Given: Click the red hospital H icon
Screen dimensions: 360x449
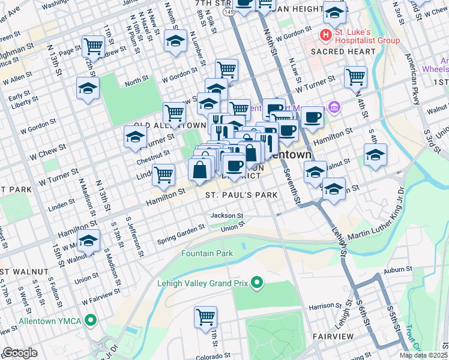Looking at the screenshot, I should click(x=326, y=35).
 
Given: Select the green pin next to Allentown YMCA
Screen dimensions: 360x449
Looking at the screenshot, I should click(x=91, y=320).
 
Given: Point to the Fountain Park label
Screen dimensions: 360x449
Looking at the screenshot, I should click(x=207, y=254).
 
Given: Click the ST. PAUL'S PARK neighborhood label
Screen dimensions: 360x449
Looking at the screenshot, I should click(x=241, y=195).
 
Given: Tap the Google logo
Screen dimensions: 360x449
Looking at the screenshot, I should click(x=20, y=353).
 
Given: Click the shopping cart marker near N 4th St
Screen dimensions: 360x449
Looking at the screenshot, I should click(x=355, y=76).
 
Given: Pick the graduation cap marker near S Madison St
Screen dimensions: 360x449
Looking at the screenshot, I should click(x=88, y=241).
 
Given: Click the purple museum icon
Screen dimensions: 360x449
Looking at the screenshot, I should click(x=335, y=108).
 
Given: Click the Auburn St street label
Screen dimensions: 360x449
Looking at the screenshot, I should click(x=399, y=271).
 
